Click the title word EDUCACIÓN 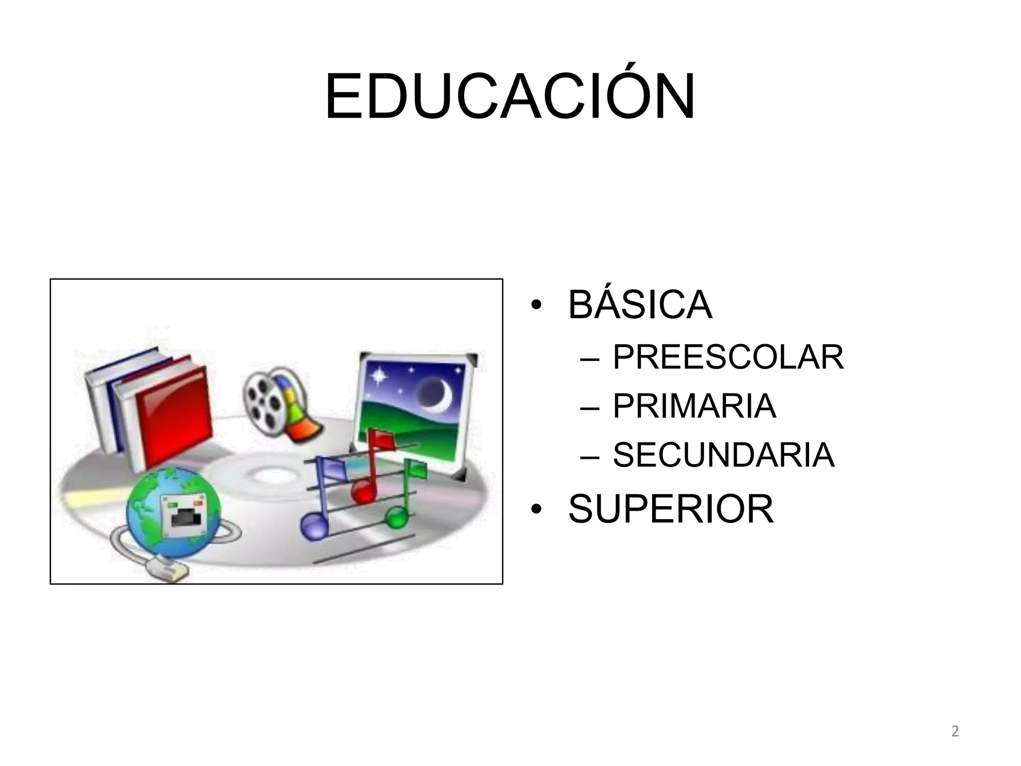(510, 97)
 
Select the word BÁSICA (640, 305)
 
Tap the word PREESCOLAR (728, 357)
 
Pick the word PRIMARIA (694, 406)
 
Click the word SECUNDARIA (723, 455)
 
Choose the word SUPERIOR (671, 509)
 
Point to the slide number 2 (955, 732)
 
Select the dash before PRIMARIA (590, 408)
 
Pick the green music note (397, 517)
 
